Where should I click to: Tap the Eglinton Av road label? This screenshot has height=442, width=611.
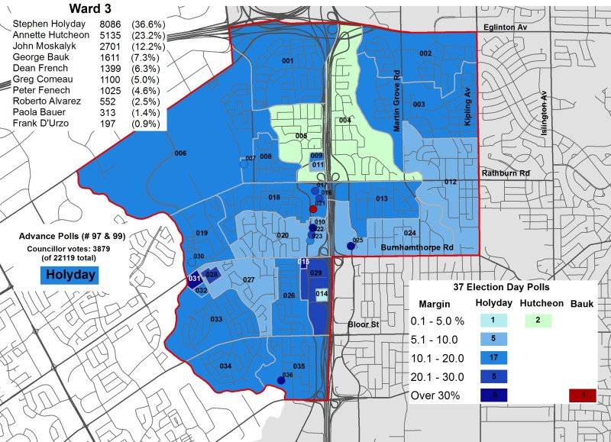point(506,27)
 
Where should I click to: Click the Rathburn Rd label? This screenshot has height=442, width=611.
point(505,173)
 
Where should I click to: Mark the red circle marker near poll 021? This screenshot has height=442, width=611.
point(313,208)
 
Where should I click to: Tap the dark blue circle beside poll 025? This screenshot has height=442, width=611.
point(351,246)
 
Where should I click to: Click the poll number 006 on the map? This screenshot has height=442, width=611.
point(180,153)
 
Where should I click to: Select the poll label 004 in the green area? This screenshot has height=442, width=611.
point(345,121)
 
